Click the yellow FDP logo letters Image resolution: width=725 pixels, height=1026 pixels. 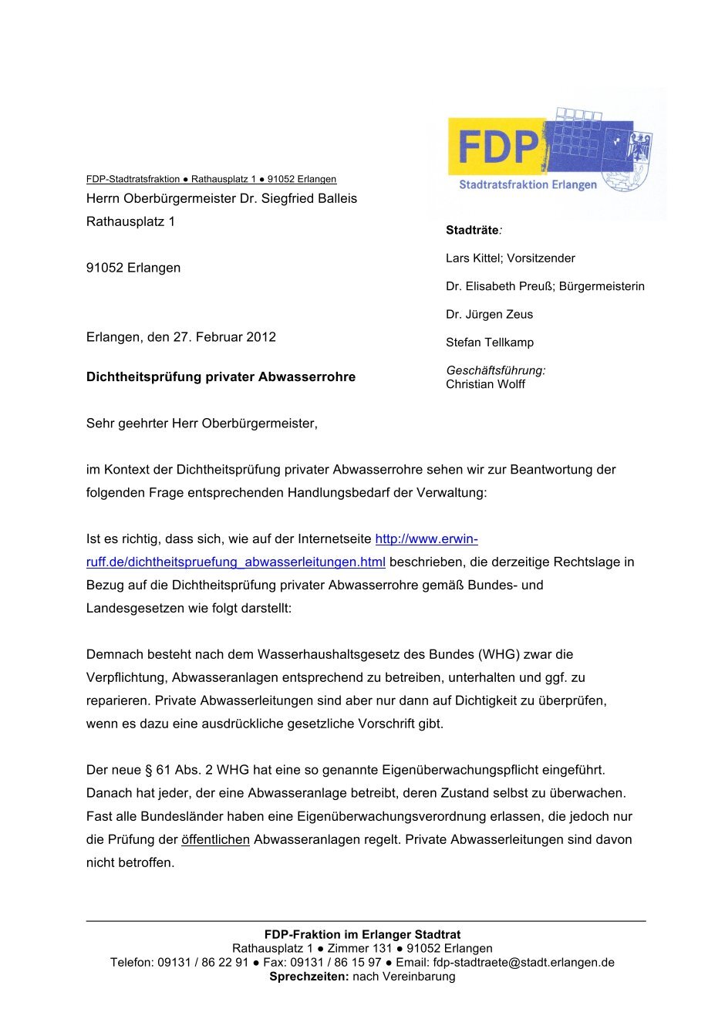coord(498,147)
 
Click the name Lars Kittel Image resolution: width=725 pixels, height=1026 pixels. coord(473,258)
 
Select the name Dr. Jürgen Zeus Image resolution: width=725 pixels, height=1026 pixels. coord(489,315)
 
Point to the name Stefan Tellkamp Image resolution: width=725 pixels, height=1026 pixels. coord(490,343)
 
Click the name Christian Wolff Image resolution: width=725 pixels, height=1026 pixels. coord(485,384)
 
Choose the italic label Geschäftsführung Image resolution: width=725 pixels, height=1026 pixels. coord(495,370)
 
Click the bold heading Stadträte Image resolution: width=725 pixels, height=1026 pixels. coord(472,230)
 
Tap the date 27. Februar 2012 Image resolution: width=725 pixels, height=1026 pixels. coord(224,337)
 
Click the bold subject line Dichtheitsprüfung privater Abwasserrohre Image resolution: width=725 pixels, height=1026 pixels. coord(221,377)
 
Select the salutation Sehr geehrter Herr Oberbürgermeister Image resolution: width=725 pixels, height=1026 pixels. coord(201,424)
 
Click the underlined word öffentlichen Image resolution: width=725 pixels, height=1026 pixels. coord(215,839)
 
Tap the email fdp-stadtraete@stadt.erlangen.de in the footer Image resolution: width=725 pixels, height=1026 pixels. coord(524,963)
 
